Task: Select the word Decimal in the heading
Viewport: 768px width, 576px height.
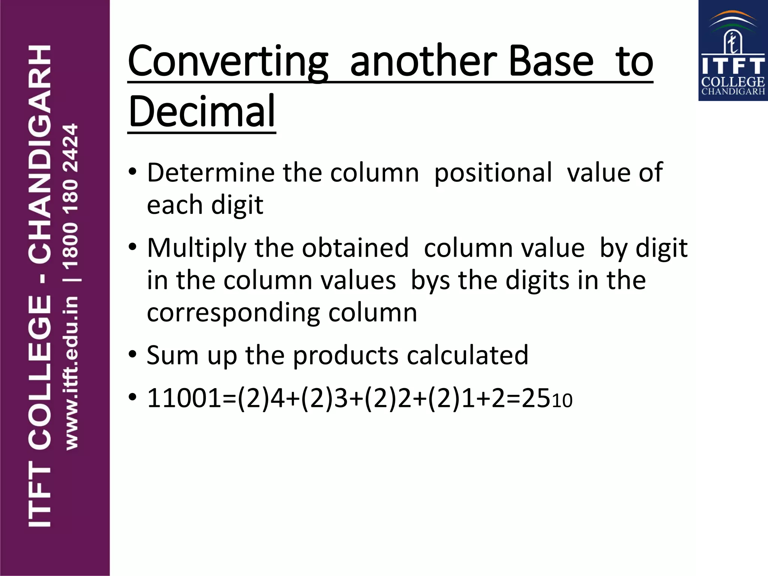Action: pos(202,111)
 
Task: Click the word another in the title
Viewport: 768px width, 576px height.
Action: pos(423,61)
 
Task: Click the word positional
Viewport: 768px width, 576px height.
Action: pos(493,173)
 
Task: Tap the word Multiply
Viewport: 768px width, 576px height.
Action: pos(196,248)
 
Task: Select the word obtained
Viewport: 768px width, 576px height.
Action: pos(355,248)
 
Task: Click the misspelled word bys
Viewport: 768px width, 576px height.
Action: pos(430,280)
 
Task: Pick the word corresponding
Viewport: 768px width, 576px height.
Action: pos(234,313)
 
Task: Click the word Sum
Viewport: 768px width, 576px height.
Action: pos(172,355)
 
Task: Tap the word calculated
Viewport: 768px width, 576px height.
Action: pos(468,355)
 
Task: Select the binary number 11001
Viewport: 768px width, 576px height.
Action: pos(184,398)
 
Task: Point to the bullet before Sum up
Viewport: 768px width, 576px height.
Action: pos(132,354)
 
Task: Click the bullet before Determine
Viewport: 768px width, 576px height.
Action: pos(132,172)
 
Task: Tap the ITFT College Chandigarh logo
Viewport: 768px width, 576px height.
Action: pos(733,51)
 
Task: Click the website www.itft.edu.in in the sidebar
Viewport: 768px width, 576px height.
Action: pos(71,373)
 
